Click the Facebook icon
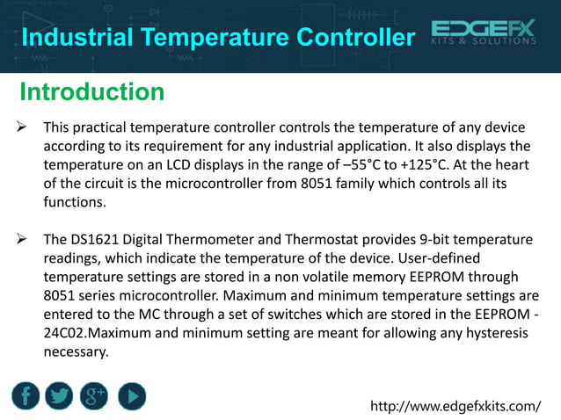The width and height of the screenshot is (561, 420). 25,395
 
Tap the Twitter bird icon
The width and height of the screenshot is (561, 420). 60,395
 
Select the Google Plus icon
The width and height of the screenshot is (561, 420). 94,395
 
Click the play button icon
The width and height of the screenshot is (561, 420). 131,395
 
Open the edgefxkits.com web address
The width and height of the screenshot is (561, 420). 456,406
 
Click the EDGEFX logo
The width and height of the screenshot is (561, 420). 484,36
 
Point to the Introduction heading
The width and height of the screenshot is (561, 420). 91,91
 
